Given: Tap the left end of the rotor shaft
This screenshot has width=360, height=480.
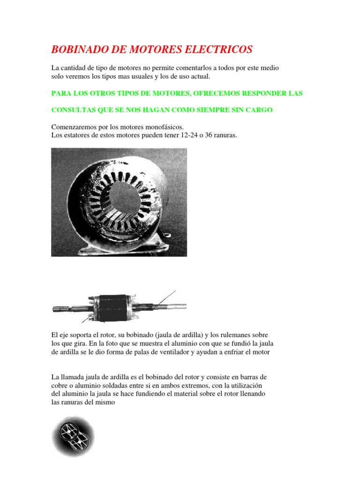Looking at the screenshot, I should pyautogui.click(x=56, y=308).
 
